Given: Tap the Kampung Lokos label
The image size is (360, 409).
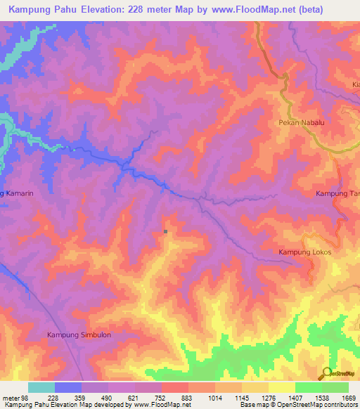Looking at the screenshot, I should [x=304, y=252].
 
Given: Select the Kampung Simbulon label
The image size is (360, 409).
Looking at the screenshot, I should [x=79, y=335].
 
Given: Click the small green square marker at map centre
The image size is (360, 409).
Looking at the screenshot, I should [x=165, y=231].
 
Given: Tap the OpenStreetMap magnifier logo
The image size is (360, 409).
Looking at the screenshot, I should [x=327, y=374].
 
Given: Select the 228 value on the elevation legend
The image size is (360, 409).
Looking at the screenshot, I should [x=53, y=397].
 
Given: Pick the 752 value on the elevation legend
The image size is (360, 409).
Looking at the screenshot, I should [x=161, y=397].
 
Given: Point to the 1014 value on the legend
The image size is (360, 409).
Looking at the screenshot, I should [x=214, y=397].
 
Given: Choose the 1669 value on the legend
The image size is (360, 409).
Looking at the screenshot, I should [x=349, y=397].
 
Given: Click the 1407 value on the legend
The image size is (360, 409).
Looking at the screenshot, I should [x=295, y=397].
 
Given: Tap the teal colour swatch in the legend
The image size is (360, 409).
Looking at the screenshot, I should [x=41, y=387].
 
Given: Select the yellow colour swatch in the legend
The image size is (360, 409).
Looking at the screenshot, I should [x=281, y=387].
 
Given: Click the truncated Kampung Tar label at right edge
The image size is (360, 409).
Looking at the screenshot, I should [x=337, y=193].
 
